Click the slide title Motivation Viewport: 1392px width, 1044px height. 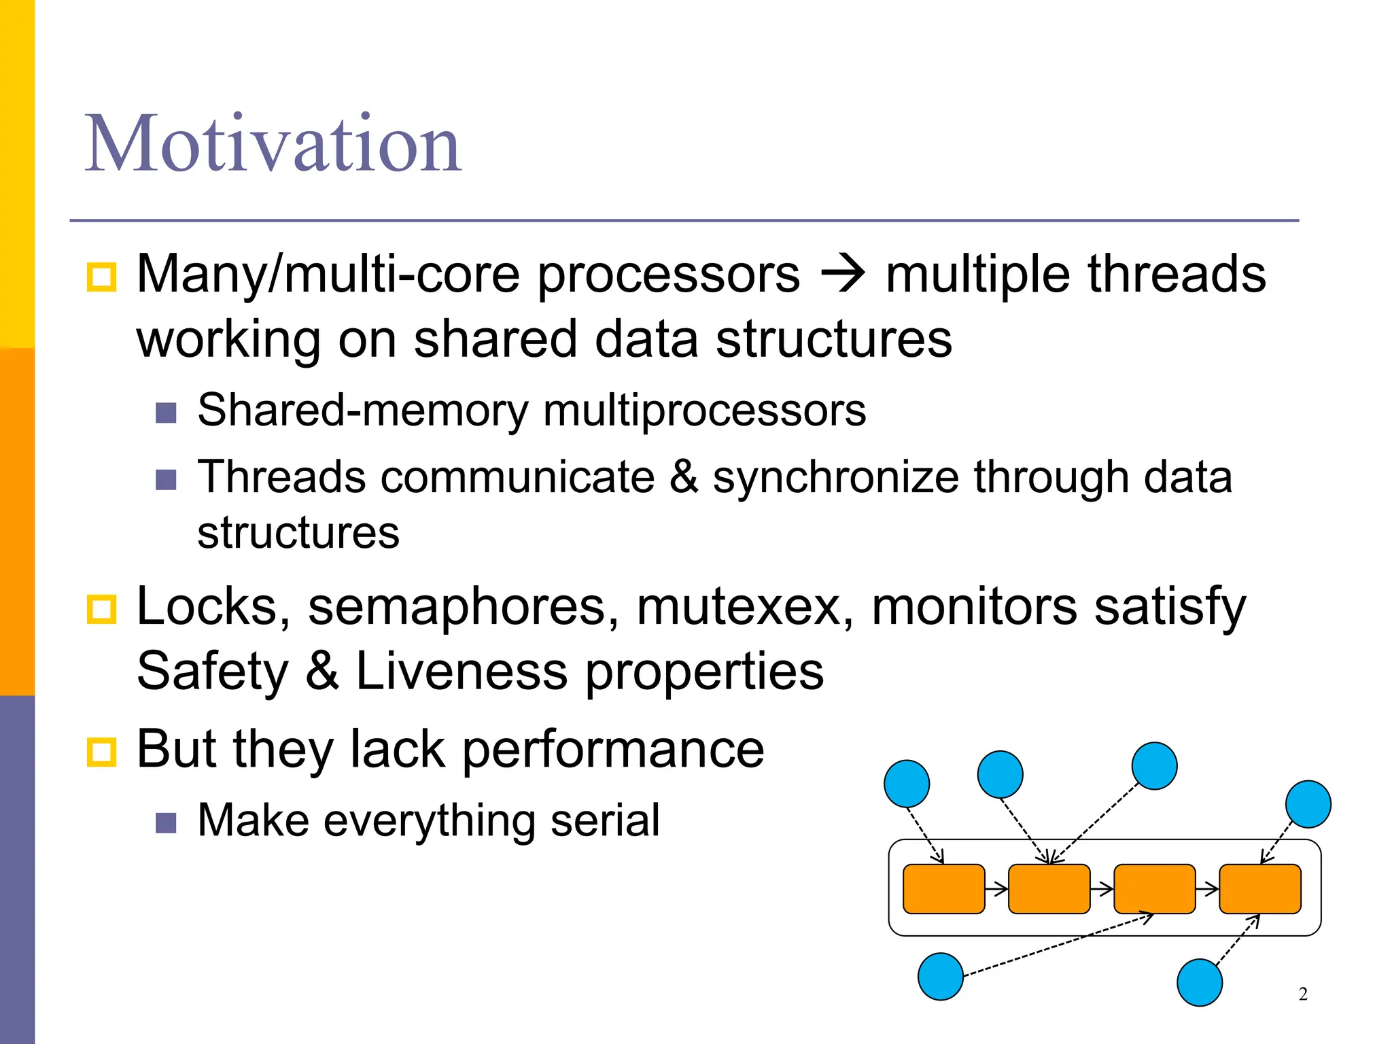[x=273, y=144]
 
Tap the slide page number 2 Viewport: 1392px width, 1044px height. [x=1302, y=994]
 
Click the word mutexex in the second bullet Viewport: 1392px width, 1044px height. [x=744, y=606]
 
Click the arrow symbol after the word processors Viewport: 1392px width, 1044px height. [x=843, y=274]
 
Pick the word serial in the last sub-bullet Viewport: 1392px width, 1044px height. [x=605, y=820]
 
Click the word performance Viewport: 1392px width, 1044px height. [x=613, y=750]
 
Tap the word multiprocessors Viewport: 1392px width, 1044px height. [x=704, y=411]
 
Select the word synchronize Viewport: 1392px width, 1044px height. [x=836, y=477]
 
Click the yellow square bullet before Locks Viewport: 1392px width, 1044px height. [x=102, y=608]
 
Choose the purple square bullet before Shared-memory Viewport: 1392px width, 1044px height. [x=166, y=413]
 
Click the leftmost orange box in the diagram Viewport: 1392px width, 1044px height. [x=943, y=889]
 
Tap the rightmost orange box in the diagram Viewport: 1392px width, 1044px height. [x=1260, y=889]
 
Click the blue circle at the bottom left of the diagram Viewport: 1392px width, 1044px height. [x=940, y=977]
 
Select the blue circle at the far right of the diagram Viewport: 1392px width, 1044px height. [x=1308, y=804]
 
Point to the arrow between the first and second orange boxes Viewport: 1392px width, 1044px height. [x=996, y=889]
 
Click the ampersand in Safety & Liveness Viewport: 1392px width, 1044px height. [x=322, y=672]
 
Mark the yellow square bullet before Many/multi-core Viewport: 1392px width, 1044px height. [x=102, y=277]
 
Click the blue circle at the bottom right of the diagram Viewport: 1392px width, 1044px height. [x=1199, y=982]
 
